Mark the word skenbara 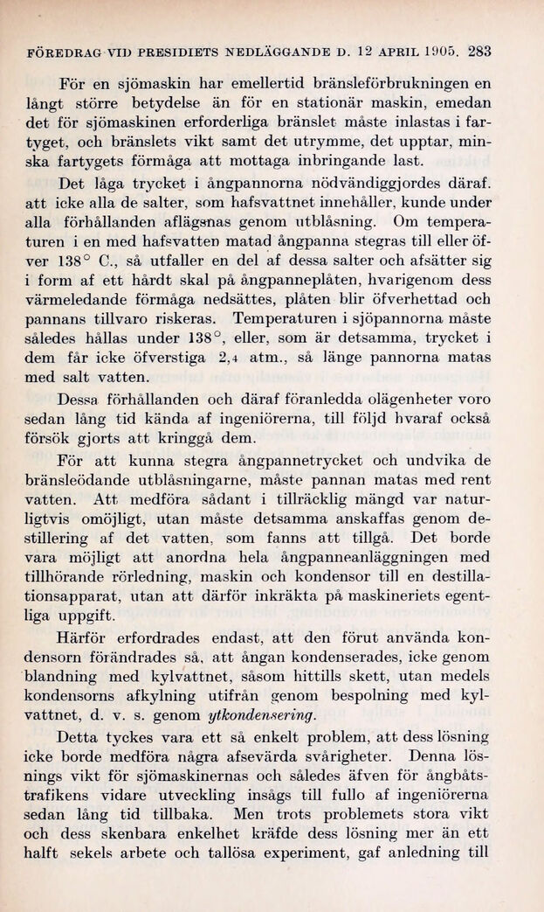click(x=165, y=834)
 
